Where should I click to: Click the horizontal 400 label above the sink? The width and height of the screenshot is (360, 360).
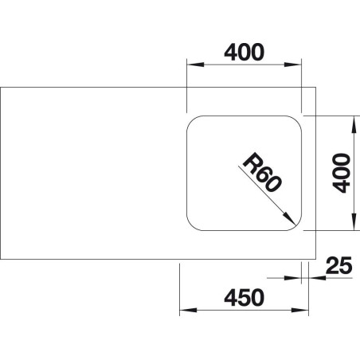pos(245,52)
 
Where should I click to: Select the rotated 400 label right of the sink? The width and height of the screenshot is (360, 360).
pos(341,173)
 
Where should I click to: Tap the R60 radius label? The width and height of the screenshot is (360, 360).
pos(261,172)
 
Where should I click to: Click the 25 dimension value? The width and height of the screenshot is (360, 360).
pos(338,265)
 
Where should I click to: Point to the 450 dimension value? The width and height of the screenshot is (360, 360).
pos(245,298)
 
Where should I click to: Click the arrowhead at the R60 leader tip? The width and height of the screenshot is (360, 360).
pos(289,219)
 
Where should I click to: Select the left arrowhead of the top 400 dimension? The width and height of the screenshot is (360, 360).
pos(195,65)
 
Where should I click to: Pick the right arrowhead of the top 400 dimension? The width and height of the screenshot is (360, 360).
pos(293,65)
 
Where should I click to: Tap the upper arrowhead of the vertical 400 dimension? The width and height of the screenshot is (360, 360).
pos(354,124)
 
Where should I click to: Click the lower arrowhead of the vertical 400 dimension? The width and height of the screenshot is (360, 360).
pos(354,222)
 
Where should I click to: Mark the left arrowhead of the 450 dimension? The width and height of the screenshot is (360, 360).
pos(188,310)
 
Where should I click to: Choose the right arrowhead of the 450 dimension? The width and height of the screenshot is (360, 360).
pos(300,310)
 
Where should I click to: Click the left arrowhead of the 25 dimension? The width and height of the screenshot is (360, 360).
pos(293,278)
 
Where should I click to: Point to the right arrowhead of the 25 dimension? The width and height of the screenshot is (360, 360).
pos(317,278)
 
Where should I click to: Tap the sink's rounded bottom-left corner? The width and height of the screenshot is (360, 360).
pos(192,225)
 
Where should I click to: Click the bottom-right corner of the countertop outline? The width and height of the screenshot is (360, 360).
pos(315,259)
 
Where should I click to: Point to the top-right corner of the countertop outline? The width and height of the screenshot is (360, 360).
pos(315,87)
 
